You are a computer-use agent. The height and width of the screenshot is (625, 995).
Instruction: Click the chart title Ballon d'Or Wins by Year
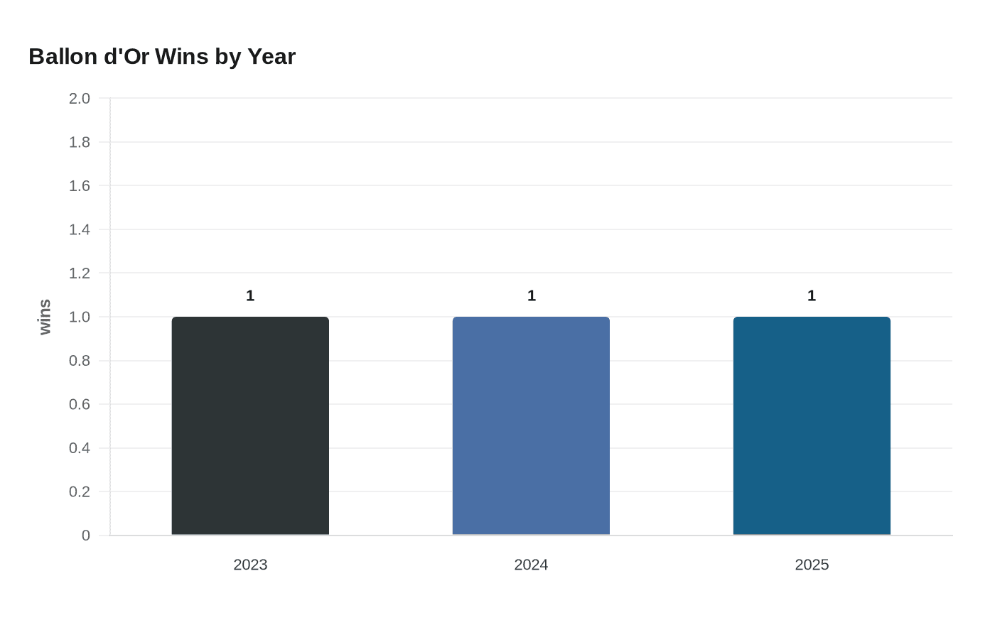tap(162, 57)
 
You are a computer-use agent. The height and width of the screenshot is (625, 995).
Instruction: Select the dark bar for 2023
tap(250, 425)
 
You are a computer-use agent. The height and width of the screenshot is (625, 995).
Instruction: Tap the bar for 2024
tap(532, 425)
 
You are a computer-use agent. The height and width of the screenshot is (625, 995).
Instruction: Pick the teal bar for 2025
tap(812, 425)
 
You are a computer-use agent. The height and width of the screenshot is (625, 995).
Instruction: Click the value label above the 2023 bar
tap(250, 295)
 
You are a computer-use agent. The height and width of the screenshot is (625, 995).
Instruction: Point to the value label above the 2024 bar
tap(532, 295)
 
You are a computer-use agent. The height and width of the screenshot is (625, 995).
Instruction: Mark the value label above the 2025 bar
tap(812, 295)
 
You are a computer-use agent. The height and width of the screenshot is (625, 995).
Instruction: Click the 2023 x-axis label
tap(250, 565)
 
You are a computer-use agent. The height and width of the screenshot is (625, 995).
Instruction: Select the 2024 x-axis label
tap(532, 565)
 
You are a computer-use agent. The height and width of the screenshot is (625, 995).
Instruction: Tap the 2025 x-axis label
tap(812, 565)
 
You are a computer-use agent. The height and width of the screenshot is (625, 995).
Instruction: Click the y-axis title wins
tap(45, 317)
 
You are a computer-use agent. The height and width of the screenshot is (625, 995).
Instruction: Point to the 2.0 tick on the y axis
tap(80, 99)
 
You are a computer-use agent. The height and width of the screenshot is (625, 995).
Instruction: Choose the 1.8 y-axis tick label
tap(80, 142)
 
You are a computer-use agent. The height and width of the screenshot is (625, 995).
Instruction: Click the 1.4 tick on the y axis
tap(80, 229)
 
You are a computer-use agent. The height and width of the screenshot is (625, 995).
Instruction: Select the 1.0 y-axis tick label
tap(80, 317)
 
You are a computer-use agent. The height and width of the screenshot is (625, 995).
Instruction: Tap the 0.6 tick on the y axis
tap(80, 404)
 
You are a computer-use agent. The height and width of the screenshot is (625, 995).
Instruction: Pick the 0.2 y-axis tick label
tap(80, 491)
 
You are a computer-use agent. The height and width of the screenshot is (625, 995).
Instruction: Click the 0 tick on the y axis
tap(86, 536)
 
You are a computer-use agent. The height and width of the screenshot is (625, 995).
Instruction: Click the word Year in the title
tap(271, 57)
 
